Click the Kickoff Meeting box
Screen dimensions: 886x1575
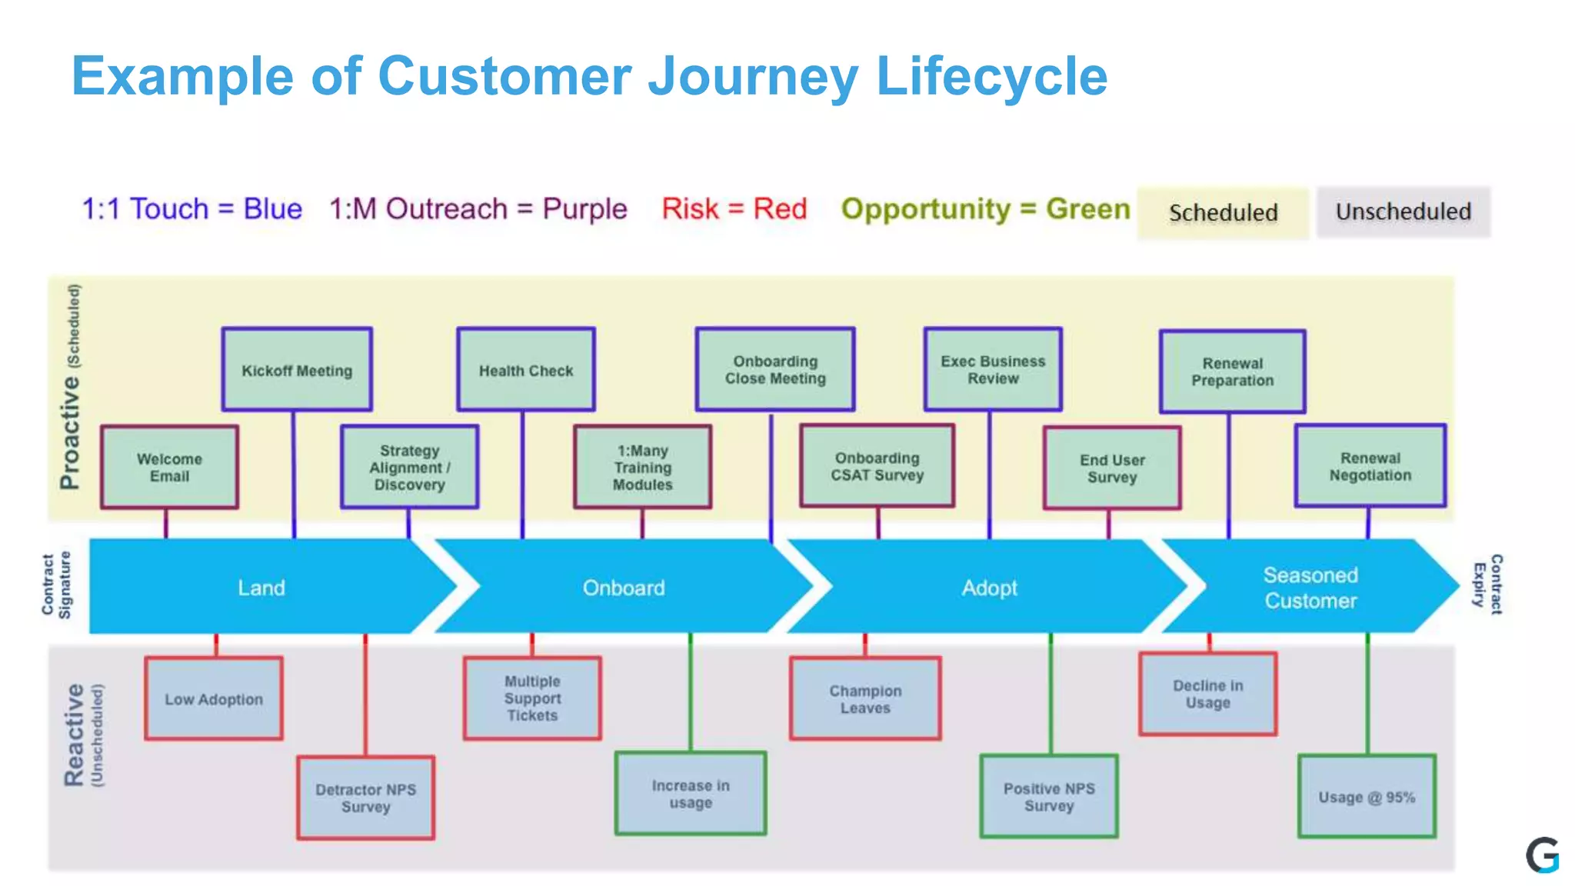point(297,370)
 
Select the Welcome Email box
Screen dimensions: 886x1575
point(169,467)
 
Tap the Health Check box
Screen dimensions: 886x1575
point(526,370)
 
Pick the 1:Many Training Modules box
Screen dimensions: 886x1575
point(642,467)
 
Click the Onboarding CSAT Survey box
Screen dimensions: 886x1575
point(877,466)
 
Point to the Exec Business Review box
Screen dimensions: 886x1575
point(993,369)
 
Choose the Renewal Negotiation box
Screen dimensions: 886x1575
point(1370,466)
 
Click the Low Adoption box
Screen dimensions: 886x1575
point(214,698)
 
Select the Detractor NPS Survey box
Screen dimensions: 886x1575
point(365,798)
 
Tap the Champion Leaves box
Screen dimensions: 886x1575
point(865,698)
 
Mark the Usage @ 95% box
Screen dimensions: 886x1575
point(1367,797)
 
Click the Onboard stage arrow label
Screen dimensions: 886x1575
point(623,588)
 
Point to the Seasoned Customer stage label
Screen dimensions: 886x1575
point(1310,588)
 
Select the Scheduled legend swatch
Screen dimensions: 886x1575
point(1223,212)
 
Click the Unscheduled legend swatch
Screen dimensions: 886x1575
point(1403,212)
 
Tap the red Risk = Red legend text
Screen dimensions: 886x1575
point(734,208)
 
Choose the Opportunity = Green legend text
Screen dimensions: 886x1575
point(985,208)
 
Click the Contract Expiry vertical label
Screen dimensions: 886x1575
point(1487,584)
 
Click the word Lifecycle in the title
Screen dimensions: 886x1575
point(991,76)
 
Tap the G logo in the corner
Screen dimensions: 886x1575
point(1542,854)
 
